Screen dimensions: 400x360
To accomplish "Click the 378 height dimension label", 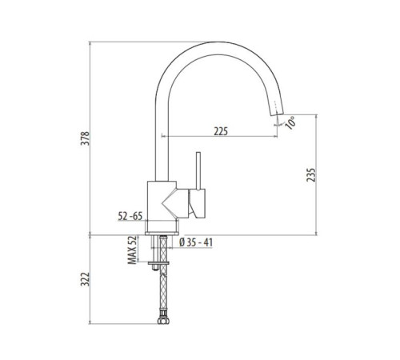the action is tap(86, 138).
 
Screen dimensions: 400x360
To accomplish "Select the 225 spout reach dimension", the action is tap(221, 131).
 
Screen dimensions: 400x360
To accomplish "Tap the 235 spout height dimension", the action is tap(310, 174).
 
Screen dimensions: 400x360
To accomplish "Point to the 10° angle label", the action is tap(290, 122).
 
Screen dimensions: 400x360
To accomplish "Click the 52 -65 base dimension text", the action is tap(130, 216).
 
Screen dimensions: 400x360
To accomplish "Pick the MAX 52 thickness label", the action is tap(132, 250).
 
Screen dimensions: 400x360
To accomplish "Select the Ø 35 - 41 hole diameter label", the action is tap(196, 242).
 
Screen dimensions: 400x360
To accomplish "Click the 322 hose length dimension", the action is tap(86, 279).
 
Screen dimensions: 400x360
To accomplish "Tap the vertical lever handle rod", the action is tap(198, 171).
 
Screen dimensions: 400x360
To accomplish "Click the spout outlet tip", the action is tap(276, 114).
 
